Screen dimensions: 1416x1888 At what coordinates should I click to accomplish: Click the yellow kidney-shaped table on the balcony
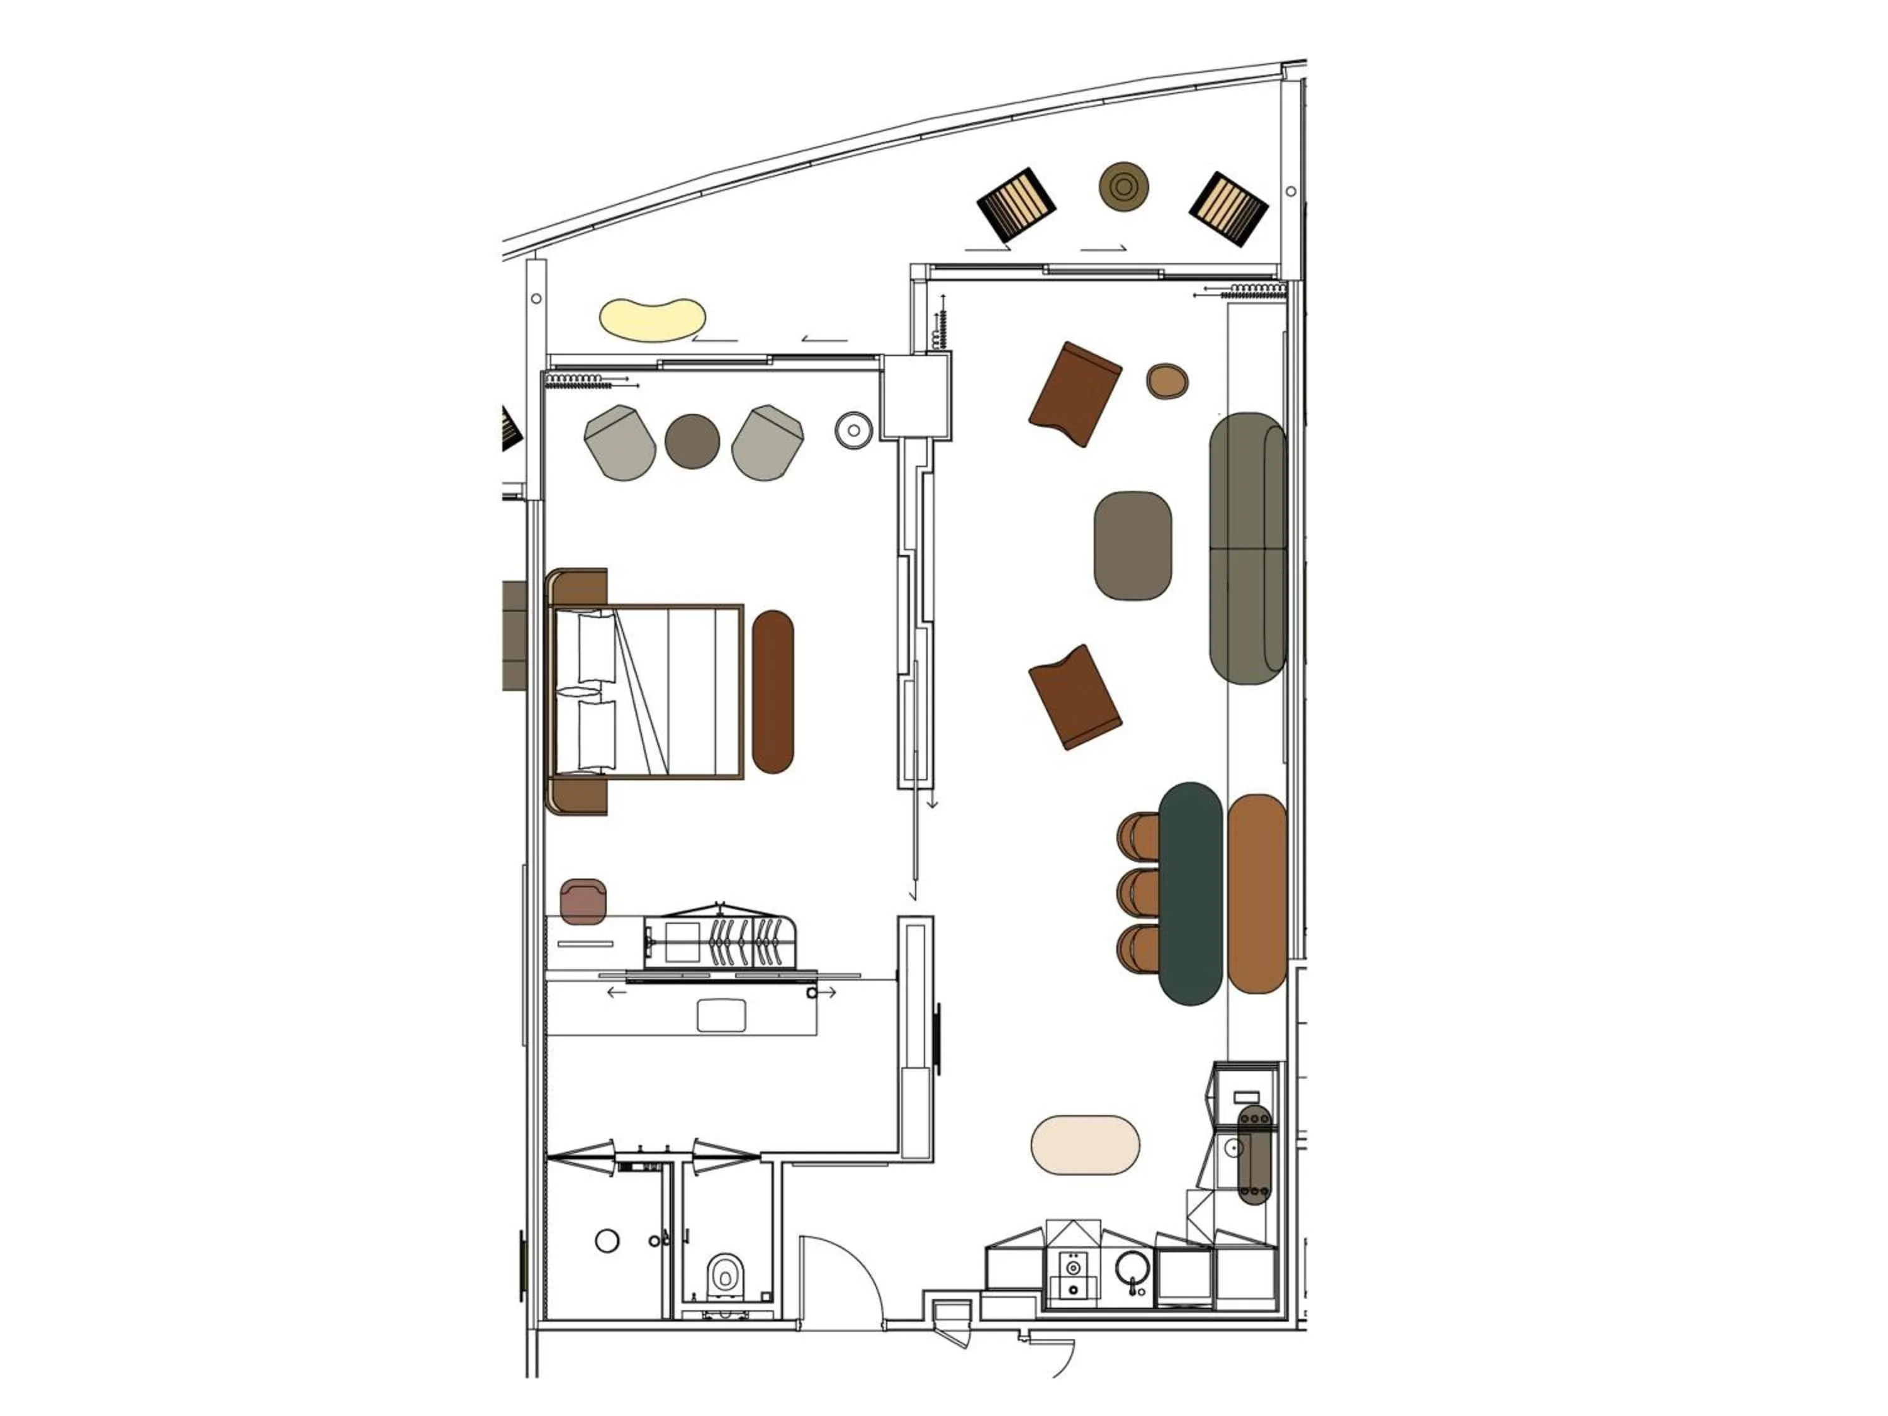(652, 318)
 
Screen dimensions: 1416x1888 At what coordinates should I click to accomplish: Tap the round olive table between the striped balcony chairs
(1123, 186)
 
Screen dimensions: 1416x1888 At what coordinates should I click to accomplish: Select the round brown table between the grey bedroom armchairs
(692, 441)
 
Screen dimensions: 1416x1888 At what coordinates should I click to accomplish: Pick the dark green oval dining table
(1191, 893)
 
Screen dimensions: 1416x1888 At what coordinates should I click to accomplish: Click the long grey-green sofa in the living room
(1248, 548)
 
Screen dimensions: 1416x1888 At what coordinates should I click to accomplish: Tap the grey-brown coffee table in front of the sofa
(1133, 546)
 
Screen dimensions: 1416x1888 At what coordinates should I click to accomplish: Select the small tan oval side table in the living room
(1167, 381)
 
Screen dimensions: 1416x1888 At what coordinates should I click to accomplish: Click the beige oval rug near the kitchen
(1085, 1145)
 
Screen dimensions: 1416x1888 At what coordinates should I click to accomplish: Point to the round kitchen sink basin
(1132, 1270)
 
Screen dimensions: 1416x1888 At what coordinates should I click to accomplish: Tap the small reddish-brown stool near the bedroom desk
(583, 901)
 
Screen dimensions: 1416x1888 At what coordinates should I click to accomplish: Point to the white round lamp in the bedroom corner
(853, 430)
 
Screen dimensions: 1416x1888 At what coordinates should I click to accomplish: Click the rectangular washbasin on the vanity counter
(721, 1016)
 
